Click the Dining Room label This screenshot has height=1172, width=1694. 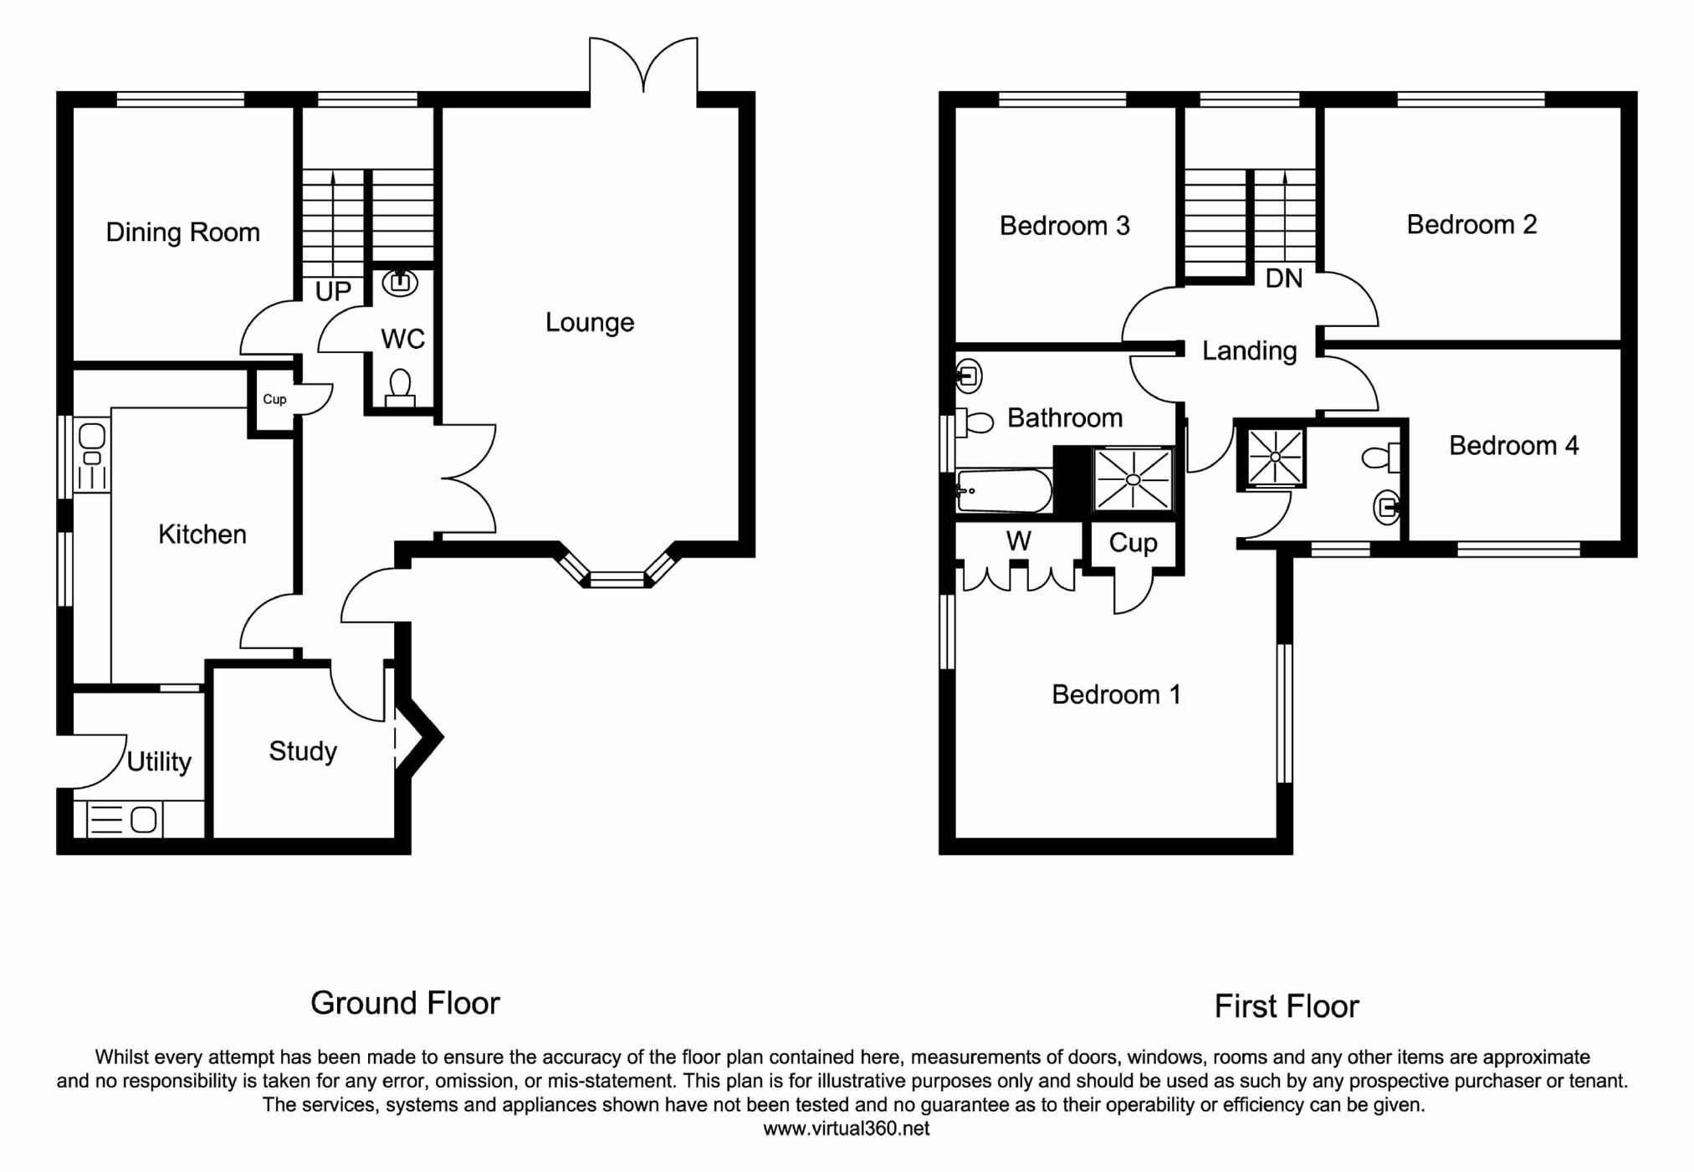[x=182, y=232]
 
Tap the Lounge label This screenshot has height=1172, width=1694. [x=589, y=322]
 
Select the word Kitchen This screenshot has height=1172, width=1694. [x=202, y=534]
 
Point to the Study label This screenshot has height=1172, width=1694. [x=302, y=750]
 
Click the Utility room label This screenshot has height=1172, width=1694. [x=159, y=761]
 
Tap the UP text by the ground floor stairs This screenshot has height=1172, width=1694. [x=332, y=291]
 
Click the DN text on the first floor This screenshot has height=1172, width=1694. [x=1283, y=279]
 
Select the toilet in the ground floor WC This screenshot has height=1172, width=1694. [x=400, y=388]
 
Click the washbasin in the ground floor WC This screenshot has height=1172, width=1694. [x=400, y=284]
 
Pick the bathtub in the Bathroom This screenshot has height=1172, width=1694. [x=1004, y=490]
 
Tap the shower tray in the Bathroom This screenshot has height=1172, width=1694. [x=1133, y=479]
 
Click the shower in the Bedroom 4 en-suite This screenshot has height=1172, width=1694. [x=1274, y=457]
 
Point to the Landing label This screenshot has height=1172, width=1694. [x=1249, y=351]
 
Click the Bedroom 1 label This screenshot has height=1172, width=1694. [x=1116, y=693]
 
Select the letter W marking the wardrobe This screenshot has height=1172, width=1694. [x=1018, y=541]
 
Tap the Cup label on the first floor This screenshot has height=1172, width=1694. [x=1133, y=543]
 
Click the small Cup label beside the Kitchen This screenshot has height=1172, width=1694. [x=274, y=399]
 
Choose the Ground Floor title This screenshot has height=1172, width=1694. [x=405, y=1002]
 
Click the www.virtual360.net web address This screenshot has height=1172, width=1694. [x=846, y=1128]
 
